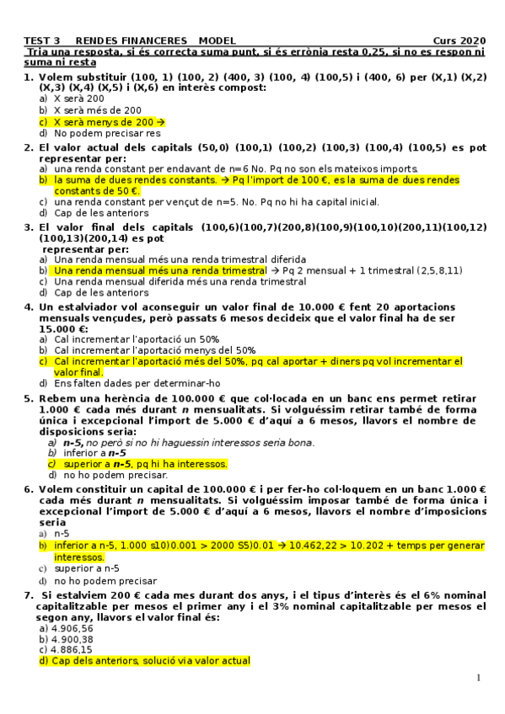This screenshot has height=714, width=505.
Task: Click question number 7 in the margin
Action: [28, 595]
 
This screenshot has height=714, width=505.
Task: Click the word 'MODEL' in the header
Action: [218, 40]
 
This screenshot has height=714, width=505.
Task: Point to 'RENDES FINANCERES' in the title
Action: [132, 40]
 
